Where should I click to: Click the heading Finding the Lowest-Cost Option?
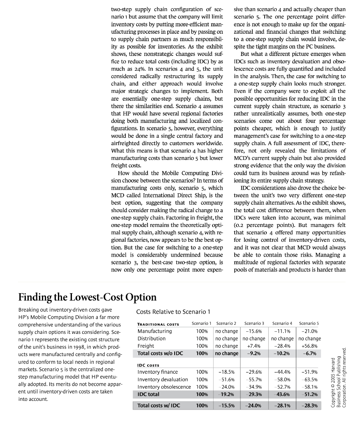(88, 297)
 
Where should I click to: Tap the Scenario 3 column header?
(254, 324)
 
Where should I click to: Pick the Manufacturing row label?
(155, 331)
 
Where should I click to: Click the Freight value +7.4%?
(254, 346)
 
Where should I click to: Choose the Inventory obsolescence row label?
(164, 387)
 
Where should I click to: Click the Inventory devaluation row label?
(163, 379)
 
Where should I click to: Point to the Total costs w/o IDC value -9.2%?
(254, 353)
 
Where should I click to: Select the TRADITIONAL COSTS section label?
(158, 324)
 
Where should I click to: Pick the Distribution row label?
(152, 338)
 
